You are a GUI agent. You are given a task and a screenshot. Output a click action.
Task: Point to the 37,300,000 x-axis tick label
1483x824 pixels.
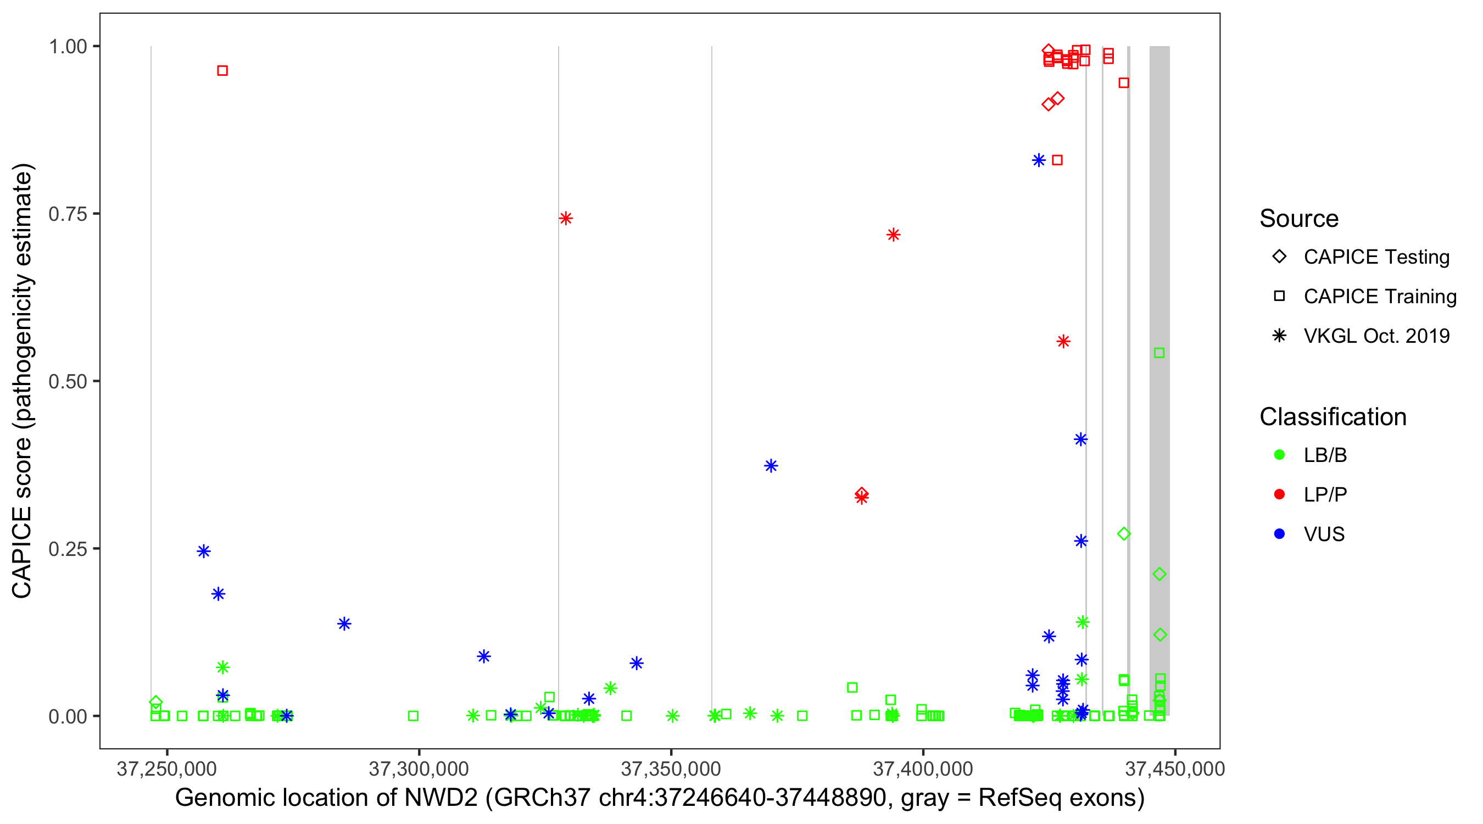click(x=419, y=769)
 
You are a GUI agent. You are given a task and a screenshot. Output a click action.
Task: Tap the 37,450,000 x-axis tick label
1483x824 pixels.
click(x=1174, y=769)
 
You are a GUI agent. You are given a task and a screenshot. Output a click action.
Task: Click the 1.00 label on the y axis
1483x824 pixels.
click(x=68, y=47)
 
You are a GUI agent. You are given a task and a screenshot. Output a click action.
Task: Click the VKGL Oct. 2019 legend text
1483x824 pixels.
click(x=1376, y=336)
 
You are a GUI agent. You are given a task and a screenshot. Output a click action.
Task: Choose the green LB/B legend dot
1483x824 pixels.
click(x=1279, y=455)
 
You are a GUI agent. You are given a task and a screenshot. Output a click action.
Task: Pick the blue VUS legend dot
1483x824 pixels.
click(x=1279, y=535)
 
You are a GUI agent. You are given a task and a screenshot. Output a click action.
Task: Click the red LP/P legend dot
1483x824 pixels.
click(x=1279, y=494)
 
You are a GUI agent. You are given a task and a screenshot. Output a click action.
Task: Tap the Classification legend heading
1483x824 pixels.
click(x=1333, y=417)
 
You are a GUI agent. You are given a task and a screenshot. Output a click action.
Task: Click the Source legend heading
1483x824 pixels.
click(x=1299, y=219)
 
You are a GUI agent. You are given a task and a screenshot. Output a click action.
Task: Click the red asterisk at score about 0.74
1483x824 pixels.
click(x=565, y=218)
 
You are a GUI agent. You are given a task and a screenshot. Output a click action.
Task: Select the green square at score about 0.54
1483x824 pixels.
click(x=1159, y=353)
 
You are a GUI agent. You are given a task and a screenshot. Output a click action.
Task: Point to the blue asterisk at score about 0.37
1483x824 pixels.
click(x=771, y=466)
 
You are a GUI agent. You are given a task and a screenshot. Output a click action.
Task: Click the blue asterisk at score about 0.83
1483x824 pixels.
click(x=1039, y=160)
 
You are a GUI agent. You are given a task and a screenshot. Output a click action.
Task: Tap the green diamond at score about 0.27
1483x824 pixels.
click(x=1123, y=535)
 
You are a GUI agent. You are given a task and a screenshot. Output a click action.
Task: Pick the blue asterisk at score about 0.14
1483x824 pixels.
click(x=344, y=623)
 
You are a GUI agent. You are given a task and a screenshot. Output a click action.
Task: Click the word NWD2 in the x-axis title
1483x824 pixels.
click(x=441, y=798)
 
